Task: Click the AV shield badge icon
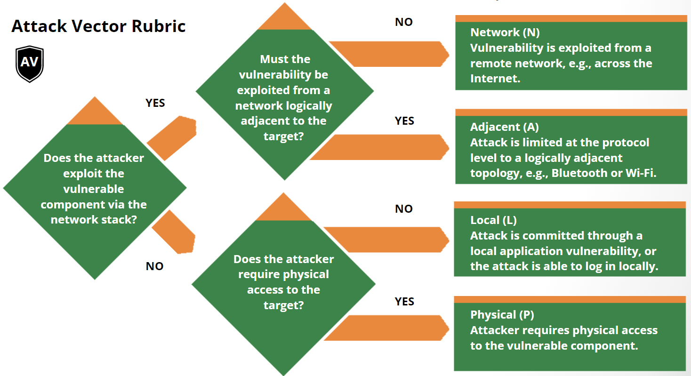[30, 64]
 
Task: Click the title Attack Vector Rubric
[98, 26]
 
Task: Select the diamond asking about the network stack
[94, 188]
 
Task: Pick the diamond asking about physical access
[283, 282]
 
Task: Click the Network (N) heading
[505, 32]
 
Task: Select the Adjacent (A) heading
[504, 127]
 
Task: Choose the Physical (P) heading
[502, 315]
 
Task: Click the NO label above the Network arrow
[403, 22]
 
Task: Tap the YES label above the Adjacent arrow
[404, 121]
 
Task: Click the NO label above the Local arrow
[403, 209]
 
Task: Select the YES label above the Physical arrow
[404, 302]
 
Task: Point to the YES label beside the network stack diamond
[155, 103]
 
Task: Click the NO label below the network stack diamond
[154, 266]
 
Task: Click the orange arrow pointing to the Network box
[391, 54]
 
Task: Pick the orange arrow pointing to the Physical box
[393, 328]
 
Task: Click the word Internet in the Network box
[494, 79]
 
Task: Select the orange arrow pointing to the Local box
[388, 239]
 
